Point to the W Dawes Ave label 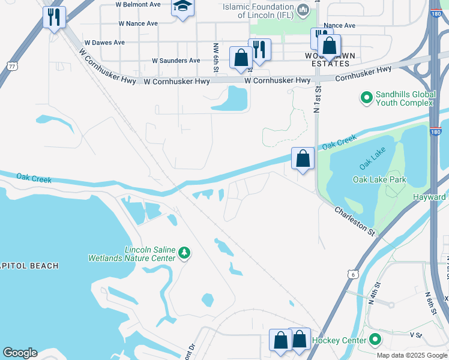(104, 43)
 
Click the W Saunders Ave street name (176, 61)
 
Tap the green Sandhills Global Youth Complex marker (366, 97)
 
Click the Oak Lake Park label (379, 179)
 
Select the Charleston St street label (354, 220)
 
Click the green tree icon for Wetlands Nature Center (184, 254)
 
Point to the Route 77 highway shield (11, 65)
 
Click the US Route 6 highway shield (353, 274)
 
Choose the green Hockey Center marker (376, 340)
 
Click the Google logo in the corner (20, 353)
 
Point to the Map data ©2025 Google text (412, 355)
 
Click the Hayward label (430, 197)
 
